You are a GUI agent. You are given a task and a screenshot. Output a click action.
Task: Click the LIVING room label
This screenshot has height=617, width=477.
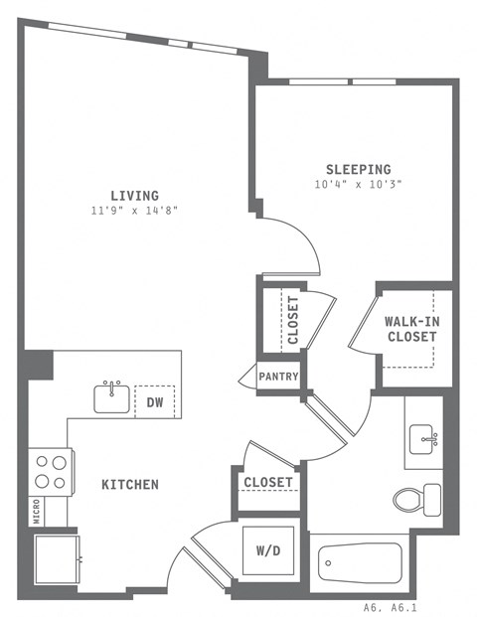click(x=134, y=195)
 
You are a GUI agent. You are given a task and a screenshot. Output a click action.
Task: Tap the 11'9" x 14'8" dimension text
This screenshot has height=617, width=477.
click(x=134, y=211)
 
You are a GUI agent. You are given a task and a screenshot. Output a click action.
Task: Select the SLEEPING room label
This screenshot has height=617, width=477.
click(x=358, y=169)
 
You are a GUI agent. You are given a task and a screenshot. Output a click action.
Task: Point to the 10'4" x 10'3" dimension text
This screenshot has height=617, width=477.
click(x=358, y=185)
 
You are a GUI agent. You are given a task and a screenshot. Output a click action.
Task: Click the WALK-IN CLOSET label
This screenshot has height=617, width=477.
click(x=410, y=329)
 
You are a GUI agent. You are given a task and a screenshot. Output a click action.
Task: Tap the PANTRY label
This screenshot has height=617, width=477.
click(x=279, y=377)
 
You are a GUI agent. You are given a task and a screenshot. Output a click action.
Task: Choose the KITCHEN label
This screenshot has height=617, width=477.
click(x=129, y=485)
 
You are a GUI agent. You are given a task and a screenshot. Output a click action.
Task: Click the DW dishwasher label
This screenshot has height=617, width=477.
click(x=154, y=402)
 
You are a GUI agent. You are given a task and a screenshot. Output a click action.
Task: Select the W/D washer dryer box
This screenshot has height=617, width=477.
click(x=268, y=551)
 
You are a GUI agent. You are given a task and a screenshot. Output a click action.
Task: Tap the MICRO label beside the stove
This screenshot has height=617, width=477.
click(x=37, y=511)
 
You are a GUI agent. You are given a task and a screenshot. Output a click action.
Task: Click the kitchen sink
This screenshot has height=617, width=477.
click(x=112, y=397)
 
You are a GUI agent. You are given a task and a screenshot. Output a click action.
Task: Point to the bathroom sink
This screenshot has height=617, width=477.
click(x=425, y=436)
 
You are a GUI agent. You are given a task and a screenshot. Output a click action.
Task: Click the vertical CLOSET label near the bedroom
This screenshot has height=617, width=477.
click(x=293, y=320)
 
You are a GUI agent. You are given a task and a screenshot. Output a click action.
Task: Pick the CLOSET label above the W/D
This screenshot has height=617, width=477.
click(x=268, y=483)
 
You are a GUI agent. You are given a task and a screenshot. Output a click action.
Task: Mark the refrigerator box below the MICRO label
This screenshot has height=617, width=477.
click(x=56, y=560)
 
